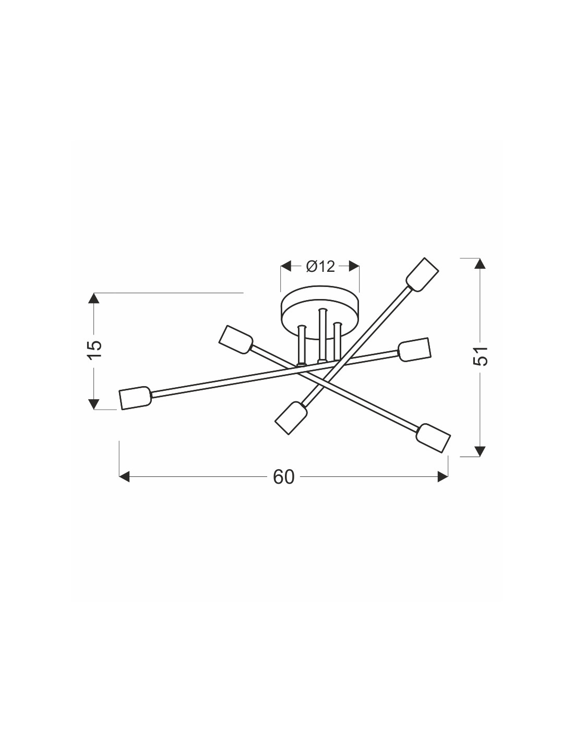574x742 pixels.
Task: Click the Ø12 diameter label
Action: (x=320, y=267)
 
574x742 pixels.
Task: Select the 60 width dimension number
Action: (x=283, y=477)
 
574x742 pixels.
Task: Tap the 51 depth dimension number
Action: (x=480, y=356)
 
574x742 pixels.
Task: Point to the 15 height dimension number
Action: (x=94, y=350)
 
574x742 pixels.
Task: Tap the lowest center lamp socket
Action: (x=290, y=417)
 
